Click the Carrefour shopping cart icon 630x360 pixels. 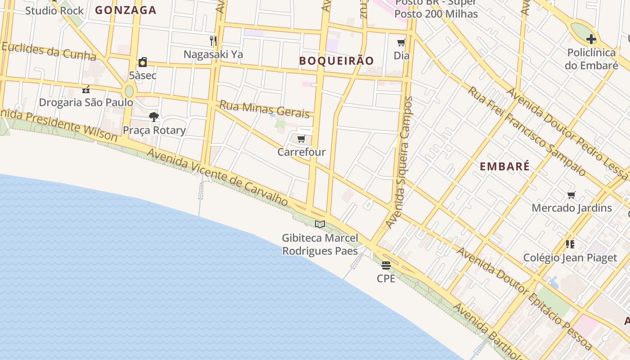coord(301,139)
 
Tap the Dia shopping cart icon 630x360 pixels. coord(401,43)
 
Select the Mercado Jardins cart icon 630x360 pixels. coord(571,195)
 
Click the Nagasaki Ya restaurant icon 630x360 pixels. coord(213,41)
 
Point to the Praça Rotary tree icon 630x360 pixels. coord(154,117)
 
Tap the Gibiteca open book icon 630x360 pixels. coord(320,224)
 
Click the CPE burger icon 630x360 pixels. coord(386,265)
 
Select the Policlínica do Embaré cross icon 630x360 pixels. coord(591,39)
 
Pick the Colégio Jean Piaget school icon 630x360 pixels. coord(570,244)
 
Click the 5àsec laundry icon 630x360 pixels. coord(143,62)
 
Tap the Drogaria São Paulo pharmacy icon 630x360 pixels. coord(86,89)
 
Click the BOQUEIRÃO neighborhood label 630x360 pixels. coord(337,61)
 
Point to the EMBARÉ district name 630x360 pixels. coord(504,166)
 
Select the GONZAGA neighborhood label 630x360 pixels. coord(126,10)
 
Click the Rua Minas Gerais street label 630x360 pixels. coord(265,109)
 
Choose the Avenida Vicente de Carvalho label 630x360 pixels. coord(217,178)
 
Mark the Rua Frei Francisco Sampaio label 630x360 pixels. coord(527,130)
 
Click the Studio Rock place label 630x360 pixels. coord(54,10)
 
